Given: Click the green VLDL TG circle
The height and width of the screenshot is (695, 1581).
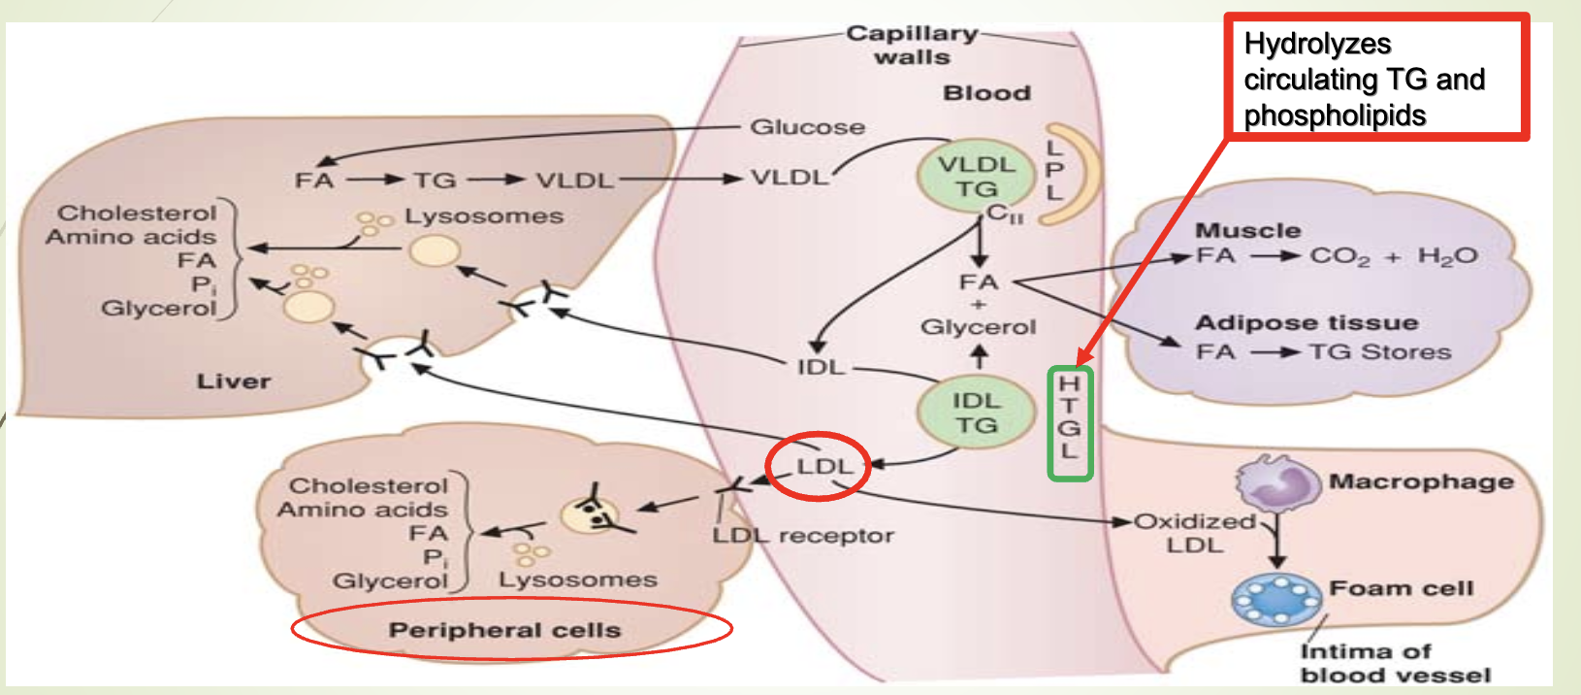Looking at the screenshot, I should point(976,177).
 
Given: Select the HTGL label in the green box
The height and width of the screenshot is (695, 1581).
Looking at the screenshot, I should point(1069,422).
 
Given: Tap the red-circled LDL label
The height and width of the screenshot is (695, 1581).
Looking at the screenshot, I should point(823,467).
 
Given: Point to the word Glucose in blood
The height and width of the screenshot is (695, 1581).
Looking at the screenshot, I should point(807,127).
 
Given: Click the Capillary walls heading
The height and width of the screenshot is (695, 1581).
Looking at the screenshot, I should point(911,45).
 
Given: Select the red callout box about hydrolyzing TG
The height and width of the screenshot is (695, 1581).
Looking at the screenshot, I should point(1375,79).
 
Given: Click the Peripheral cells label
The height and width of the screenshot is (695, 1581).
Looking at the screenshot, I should point(504,630).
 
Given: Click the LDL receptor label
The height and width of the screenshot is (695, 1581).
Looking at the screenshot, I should point(803,535).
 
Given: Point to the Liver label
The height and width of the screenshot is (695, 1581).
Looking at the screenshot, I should point(234,381).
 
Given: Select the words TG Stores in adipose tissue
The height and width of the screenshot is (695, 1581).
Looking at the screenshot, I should point(1379,351).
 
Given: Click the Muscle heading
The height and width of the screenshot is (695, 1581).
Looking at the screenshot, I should point(1247,231).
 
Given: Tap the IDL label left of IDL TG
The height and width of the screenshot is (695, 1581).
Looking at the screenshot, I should point(821,367).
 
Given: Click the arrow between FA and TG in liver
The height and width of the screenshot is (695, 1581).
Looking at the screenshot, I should point(374,180).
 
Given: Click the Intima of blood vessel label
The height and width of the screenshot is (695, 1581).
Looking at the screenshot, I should point(1395,663).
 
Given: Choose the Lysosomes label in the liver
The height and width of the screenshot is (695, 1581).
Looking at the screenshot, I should point(483,215).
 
